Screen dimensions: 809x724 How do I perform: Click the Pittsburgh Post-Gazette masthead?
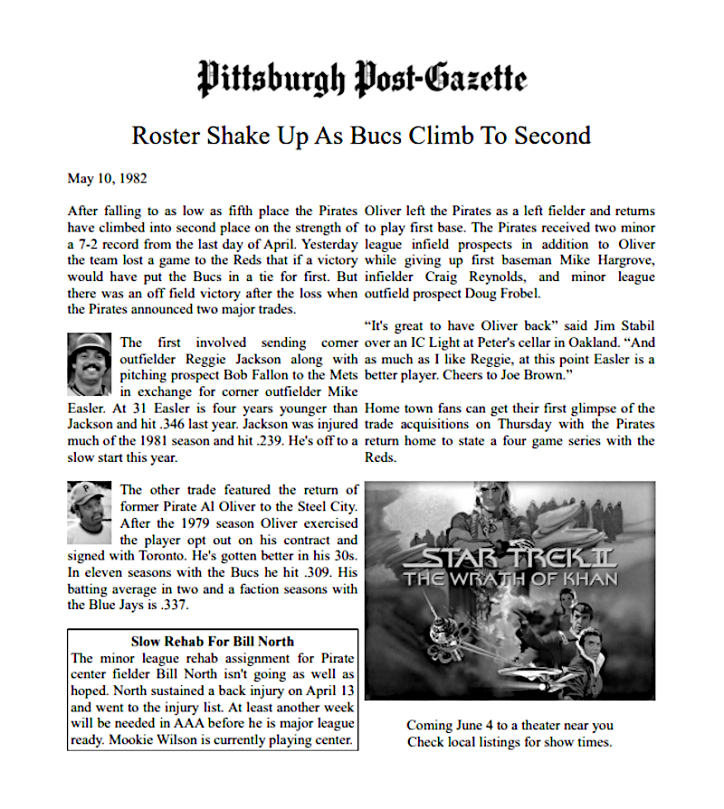click(x=361, y=80)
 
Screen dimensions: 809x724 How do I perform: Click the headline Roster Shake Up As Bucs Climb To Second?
click(x=361, y=136)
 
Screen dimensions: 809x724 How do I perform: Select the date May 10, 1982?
click(x=107, y=178)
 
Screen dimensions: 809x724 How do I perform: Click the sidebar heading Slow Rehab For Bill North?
click(x=213, y=642)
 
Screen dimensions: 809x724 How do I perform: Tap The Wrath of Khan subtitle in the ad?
click(x=511, y=579)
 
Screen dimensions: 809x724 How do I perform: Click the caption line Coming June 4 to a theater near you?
click(x=510, y=725)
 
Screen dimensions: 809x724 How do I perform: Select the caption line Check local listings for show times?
click(x=510, y=742)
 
